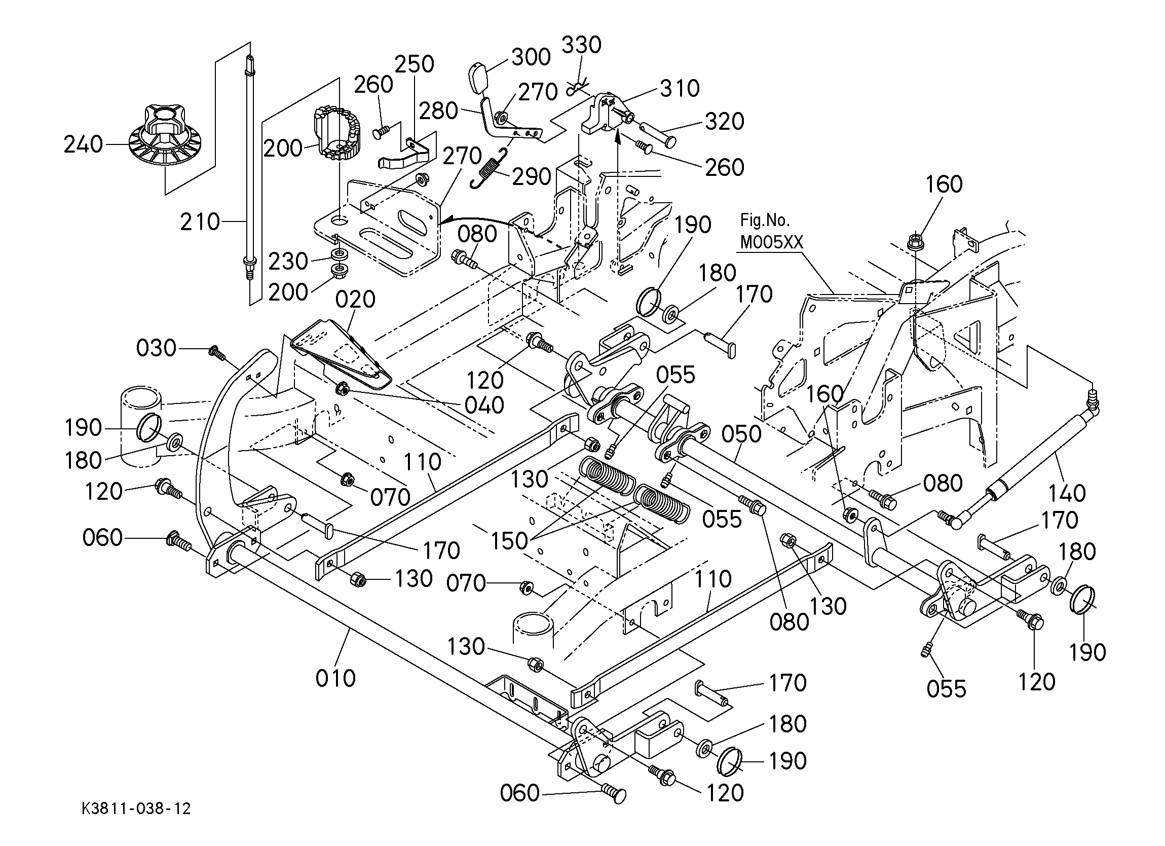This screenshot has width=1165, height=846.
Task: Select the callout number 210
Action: coord(200,222)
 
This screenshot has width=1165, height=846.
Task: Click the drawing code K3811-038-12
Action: coord(136,808)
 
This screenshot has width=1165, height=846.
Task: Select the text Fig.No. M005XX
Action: coord(771,231)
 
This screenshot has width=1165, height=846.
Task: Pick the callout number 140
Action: coord(1066,493)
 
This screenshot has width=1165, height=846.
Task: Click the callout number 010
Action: coord(335,678)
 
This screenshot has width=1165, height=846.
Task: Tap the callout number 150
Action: coord(509,541)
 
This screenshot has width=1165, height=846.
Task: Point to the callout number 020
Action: coord(355,299)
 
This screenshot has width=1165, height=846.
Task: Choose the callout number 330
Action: coord(581,45)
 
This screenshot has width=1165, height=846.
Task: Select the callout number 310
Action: coord(680,89)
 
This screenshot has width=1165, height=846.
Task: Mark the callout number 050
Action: coord(741,435)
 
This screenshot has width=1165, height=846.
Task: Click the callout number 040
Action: coord(484,406)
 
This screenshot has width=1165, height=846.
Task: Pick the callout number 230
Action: coord(288,262)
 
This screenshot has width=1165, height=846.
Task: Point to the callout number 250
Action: coord(415,64)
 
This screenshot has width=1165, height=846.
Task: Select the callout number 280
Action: coord(438,111)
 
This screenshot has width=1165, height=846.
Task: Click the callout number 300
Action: coord(531,57)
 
